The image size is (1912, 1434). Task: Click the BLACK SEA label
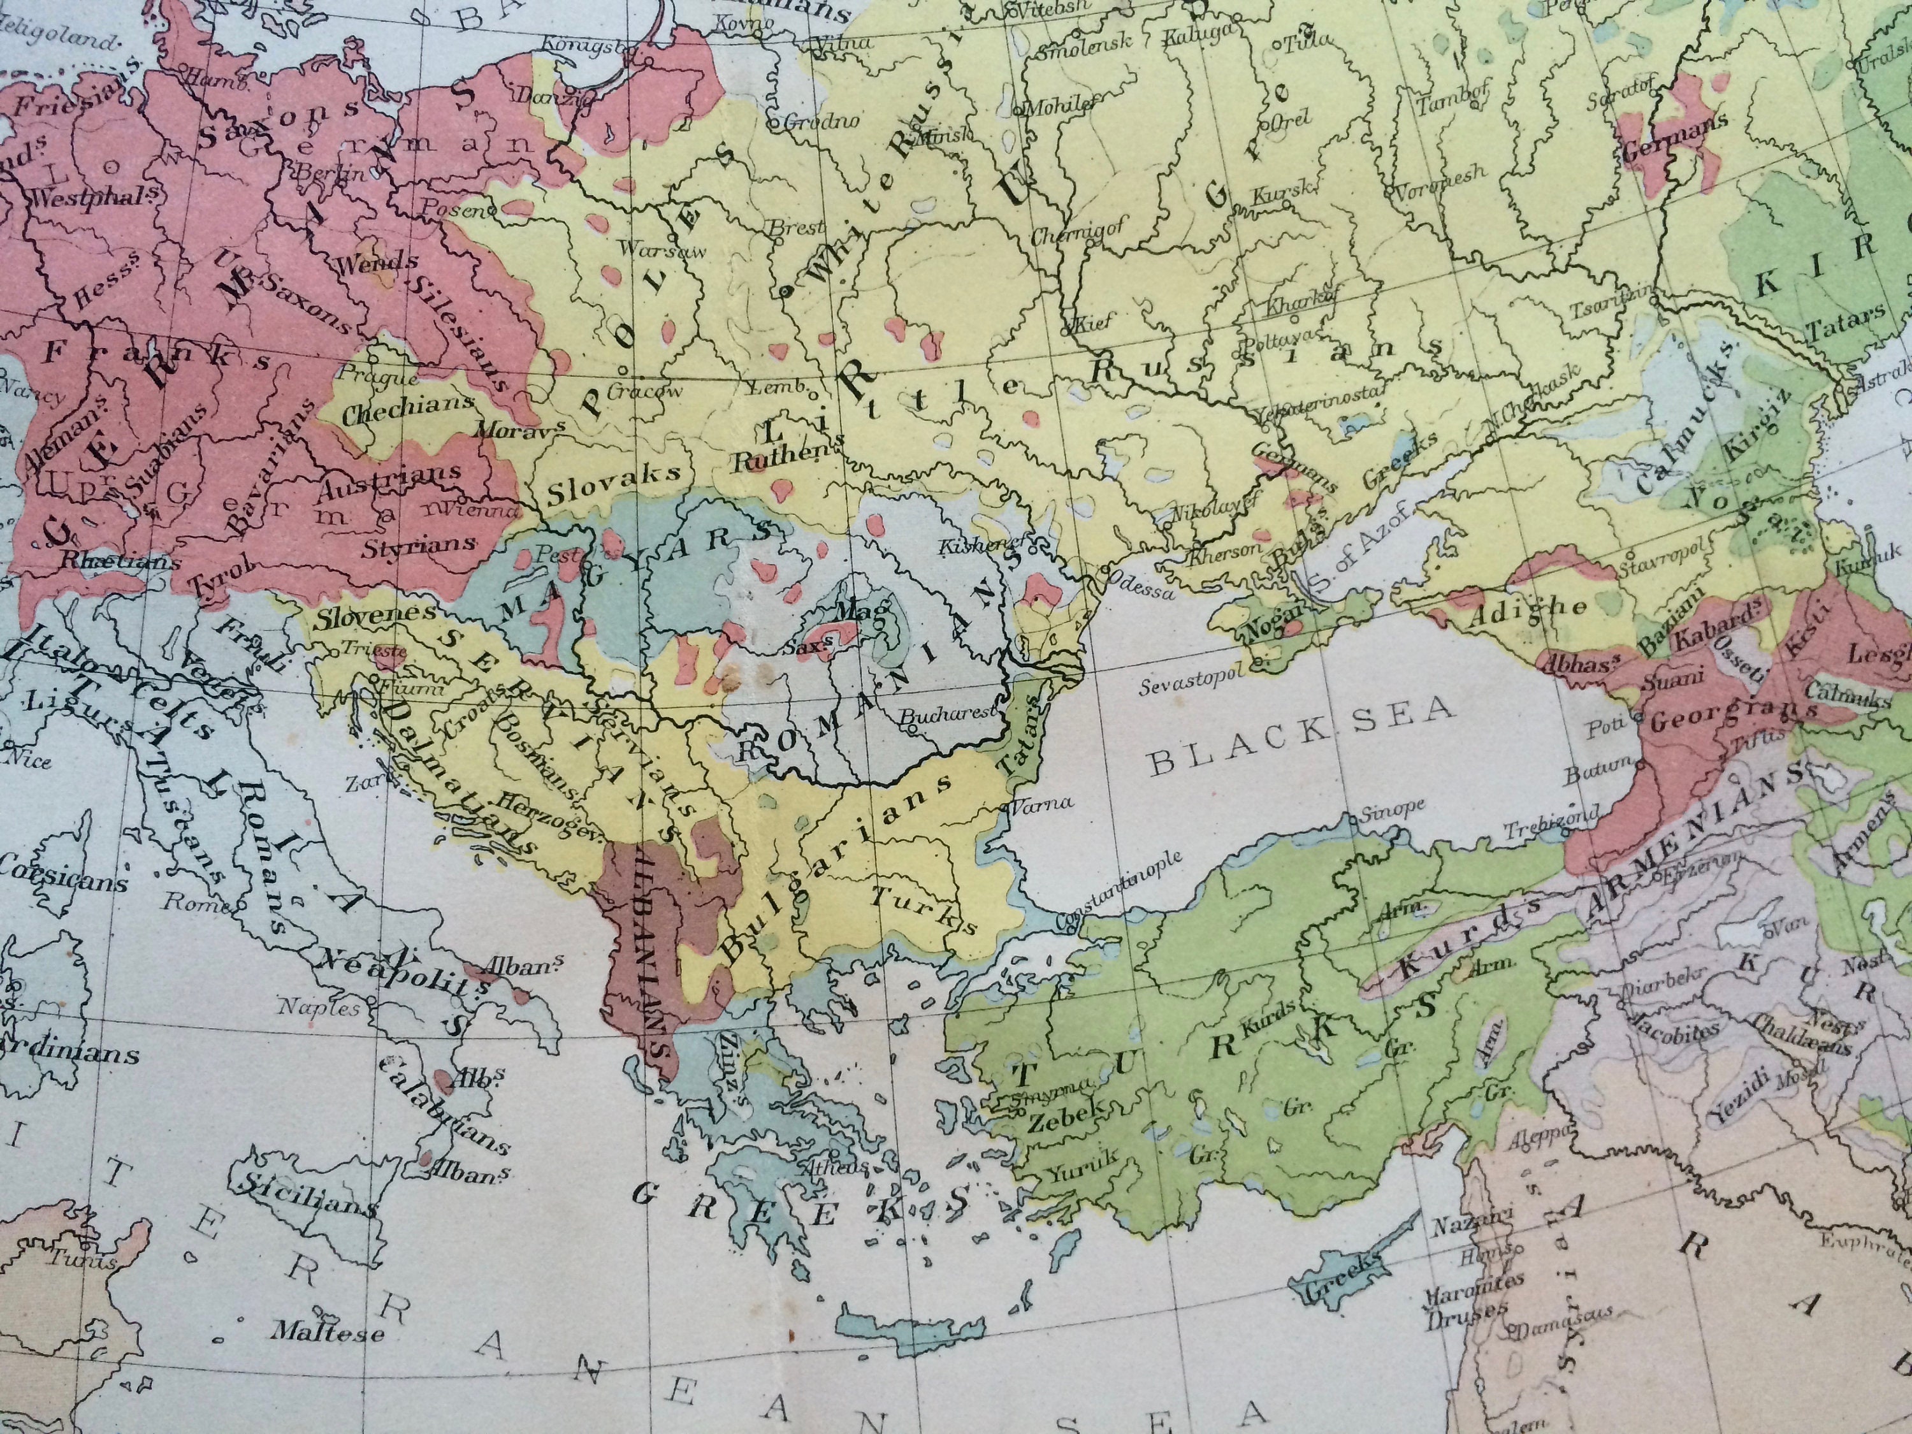(1301, 735)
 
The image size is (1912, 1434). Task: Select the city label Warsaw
(662, 250)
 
